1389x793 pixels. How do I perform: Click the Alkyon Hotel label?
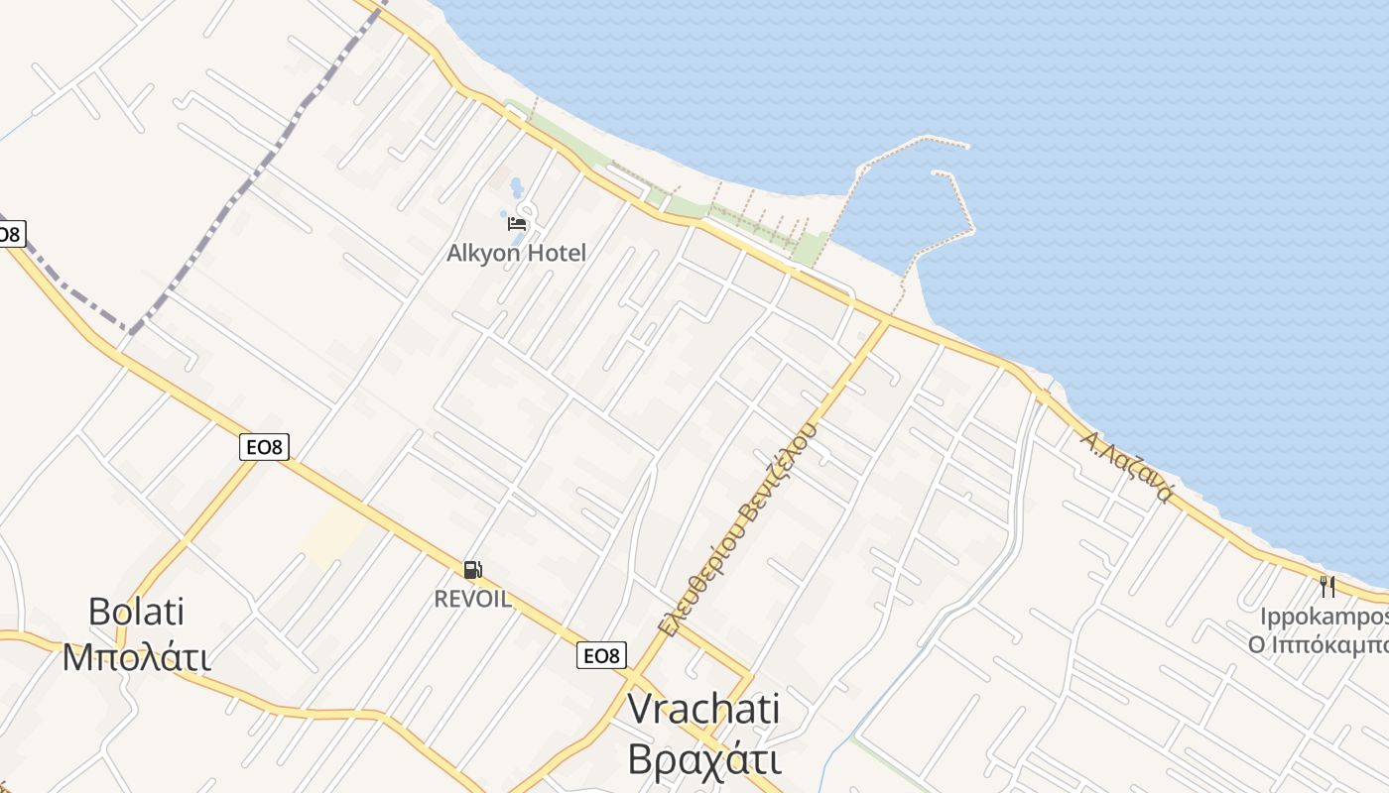pyautogui.click(x=516, y=253)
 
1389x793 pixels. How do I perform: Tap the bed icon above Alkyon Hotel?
pyautogui.click(x=517, y=223)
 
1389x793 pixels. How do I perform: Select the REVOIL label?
pyautogui.click(x=472, y=599)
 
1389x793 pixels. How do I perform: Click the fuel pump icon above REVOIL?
pyautogui.click(x=473, y=570)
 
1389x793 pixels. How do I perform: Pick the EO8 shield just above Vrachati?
pyautogui.click(x=601, y=655)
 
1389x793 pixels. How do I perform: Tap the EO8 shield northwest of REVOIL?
pyautogui.click(x=264, y=447)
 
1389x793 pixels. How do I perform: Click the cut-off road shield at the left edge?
pyautogui.click(x=9, y=235)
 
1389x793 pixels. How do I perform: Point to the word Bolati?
pyautogui.click(x=136, y=612)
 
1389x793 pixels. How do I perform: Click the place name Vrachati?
pyautogui.click(x=703, y=709)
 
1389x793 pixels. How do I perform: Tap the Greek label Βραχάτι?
pyautogui.click(x=703, y=758)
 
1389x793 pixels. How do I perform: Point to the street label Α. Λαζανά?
pyautogui.click(x=1129, y=466)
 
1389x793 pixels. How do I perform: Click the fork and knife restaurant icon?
pyautogui.click(x=1327, y=587)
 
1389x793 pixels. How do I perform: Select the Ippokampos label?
pyautogui.click(x=1324, y=617)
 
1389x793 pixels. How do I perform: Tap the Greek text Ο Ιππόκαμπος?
pyautogui.click(x=1319, y=644)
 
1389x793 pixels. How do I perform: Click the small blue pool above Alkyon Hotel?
pyautogui.click(x=516, y=187)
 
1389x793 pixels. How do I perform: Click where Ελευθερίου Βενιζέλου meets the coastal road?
pyautogui.click(x=886, y=320)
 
